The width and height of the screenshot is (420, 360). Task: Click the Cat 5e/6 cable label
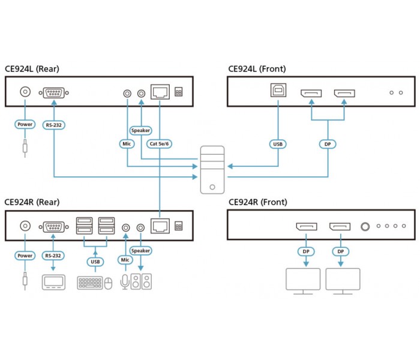point(159,144)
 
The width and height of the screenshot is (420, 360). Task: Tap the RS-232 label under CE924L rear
point(53,125)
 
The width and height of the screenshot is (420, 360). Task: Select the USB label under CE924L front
point(278,144)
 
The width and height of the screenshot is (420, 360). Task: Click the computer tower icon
point(212,170)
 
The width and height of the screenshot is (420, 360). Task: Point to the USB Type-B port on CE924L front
point(278,90)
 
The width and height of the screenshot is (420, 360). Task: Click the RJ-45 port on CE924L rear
point(160,92)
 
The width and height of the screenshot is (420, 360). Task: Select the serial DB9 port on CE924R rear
point(53,227)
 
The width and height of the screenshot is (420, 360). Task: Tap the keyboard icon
point(90,283)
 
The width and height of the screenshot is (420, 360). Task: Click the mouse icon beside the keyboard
point(108,283)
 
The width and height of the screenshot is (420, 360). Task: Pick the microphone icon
point(125,282)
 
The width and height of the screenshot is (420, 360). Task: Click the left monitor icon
point(303,281)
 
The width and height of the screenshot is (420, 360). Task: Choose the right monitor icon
point(343,281)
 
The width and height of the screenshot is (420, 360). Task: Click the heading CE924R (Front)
point(257,202)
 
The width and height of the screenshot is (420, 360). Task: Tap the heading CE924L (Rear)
point(32,69)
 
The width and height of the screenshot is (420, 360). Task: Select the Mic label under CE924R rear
point(125,260)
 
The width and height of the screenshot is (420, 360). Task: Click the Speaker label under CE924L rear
point(140,130)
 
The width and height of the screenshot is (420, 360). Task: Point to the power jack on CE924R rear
point(25,226)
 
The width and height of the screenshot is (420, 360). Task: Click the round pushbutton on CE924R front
point(365,227)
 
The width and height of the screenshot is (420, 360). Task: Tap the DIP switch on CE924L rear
point(179,92)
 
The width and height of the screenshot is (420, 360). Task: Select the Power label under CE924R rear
point(25,256)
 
